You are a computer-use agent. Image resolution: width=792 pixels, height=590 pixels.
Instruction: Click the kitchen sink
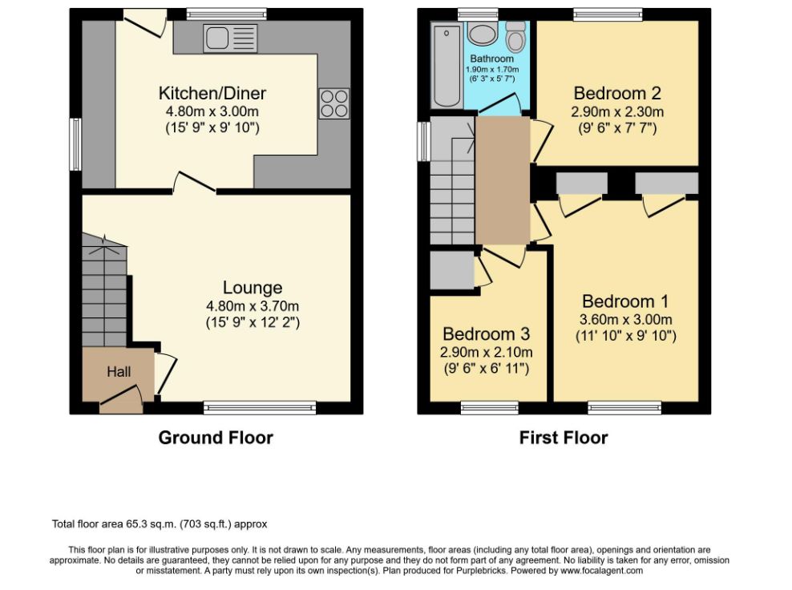point(230,38)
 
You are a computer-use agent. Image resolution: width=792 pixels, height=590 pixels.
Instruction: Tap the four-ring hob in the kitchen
point(333,103)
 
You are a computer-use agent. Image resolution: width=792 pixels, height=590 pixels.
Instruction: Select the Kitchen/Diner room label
point(212,93)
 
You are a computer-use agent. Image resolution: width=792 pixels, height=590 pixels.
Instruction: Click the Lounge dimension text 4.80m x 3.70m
point(253,306)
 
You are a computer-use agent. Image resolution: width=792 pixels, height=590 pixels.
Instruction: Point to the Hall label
point(119,372)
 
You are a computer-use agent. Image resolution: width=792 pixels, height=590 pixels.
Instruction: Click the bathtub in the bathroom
point(447,67)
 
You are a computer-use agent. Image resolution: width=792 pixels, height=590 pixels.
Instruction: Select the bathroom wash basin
point(483,34)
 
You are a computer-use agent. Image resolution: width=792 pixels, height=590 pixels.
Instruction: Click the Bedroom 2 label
point(617,94)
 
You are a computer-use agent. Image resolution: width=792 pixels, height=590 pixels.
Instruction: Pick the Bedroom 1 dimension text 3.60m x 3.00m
point(626,319)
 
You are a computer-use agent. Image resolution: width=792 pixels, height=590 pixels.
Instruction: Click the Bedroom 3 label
point(487,334)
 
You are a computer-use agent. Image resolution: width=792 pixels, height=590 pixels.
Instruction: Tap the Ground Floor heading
point(216,438)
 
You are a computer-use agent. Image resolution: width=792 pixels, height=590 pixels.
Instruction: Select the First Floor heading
point(564,438)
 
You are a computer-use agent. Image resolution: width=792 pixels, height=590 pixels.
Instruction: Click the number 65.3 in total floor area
point(135,523)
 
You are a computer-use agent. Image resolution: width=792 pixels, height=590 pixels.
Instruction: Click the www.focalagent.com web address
point(601,571)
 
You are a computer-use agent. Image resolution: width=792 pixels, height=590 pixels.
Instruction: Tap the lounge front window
point(261,408)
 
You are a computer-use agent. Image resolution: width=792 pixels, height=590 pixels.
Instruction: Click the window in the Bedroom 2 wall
point(608,14)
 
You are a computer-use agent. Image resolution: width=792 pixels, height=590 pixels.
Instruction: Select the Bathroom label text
point(491,59)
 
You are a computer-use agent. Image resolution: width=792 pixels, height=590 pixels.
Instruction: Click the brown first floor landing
point(502,180)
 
